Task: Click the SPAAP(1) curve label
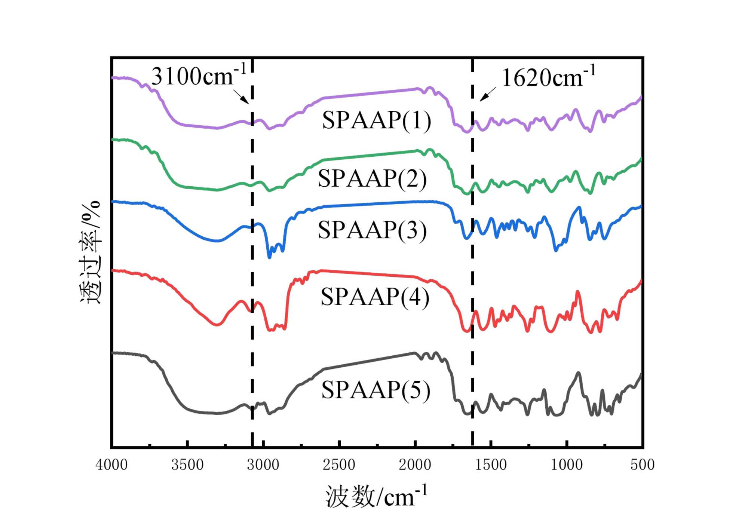376,120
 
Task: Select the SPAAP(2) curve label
372,178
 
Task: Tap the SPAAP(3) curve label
372,230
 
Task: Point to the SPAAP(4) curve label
375,297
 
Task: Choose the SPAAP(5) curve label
376,390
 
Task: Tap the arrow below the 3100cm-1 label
241,96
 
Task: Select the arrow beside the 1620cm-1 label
488,94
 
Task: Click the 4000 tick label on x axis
111,465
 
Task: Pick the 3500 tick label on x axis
187,465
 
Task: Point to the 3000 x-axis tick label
263,465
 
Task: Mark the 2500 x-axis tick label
339,465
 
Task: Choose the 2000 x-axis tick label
415,465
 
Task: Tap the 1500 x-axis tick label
491,465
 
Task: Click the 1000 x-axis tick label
567,465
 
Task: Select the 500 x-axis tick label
642,465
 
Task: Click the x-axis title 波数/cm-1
376,496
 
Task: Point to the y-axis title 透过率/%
90,252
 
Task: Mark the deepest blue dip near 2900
269,257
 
